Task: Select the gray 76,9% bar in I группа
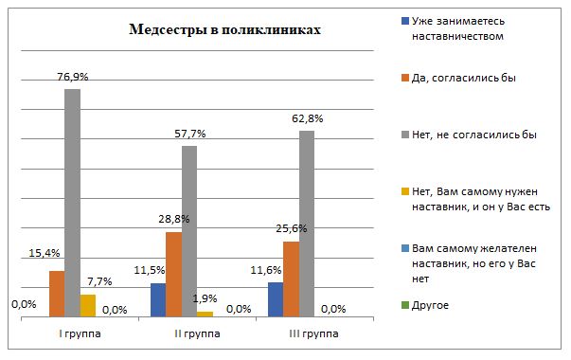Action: [72, 204]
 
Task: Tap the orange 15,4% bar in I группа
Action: [57, 295]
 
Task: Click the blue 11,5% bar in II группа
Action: [158, 300]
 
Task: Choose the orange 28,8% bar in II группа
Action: [173, 275]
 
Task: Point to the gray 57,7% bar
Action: [189, 232]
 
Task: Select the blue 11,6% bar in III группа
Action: [276, 300]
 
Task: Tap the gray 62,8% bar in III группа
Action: [306, 225]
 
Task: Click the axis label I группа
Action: [80, 333]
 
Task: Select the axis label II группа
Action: [197, 333]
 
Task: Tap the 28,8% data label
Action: [174, 220]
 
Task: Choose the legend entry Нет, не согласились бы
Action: [473, 135]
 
